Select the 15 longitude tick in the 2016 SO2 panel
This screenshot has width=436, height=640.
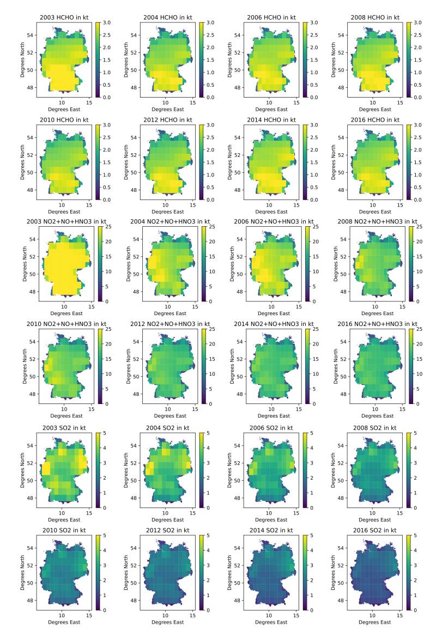(400, 615)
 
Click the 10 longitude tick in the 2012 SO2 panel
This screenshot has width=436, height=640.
(165, 615)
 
